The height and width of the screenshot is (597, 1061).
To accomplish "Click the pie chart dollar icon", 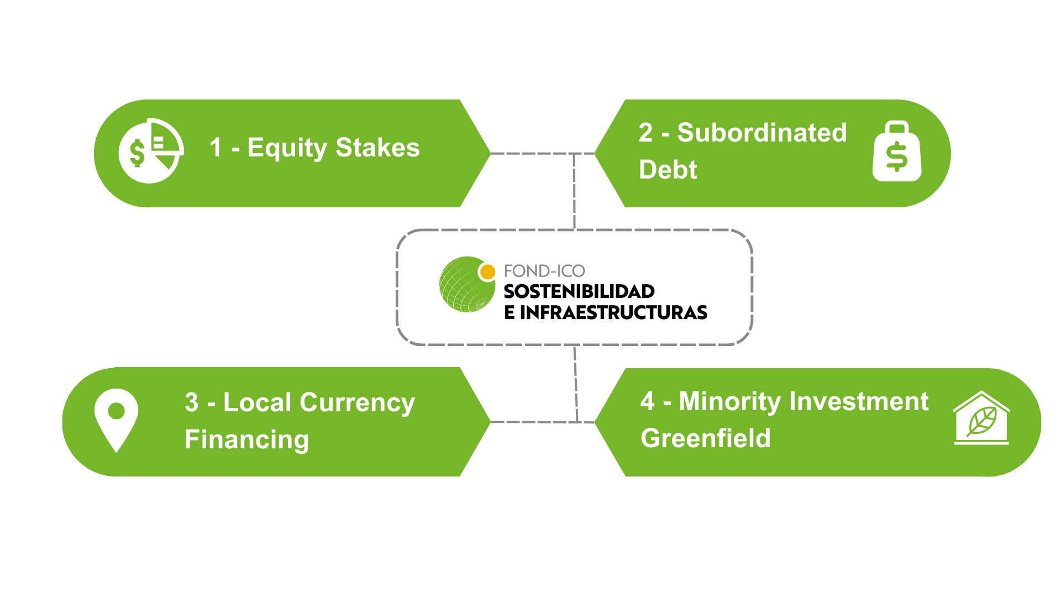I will pyautogui.click(x=151, y=150).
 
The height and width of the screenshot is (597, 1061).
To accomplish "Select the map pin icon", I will pyautogui.click(x=116, y=419).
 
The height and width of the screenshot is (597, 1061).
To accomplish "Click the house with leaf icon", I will pyautogui.click(x=981, y=418).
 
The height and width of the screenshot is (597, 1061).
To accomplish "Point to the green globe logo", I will pyautogui.click(x=466, y=285).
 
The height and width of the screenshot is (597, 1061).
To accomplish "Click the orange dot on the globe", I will pyautogui.click(x=487, y=272).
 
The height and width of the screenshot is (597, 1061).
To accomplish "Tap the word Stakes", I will pyautogui.click(x=377, y=148).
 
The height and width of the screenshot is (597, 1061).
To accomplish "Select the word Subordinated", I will pyautogui.click(x=761, y=133).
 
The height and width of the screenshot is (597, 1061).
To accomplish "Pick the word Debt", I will pyautogui.click(x=668, y=169).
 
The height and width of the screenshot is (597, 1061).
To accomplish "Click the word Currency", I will pyautogui.click(x=357, y=403).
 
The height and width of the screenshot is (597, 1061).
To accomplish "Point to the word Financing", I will pyautogui.click(x=246, y=440).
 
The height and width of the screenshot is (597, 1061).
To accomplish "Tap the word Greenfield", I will pyautogui.click(x=705, y=438).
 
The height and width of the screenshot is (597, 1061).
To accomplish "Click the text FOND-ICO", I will pyautogui.click(x=544, y=271).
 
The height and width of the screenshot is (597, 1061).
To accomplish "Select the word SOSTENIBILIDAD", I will pyautogui.click(x=579, y=291).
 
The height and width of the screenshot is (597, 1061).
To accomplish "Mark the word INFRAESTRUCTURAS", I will pyautogui.click(x=613, y=312).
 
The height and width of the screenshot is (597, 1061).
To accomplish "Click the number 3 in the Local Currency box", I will pyautogui.click(x=191, y=402).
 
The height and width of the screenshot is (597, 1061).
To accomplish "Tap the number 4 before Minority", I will pyautogui.click(x=647, y=401).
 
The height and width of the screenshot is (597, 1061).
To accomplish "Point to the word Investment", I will pyautogui.click(x=859, y=401).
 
